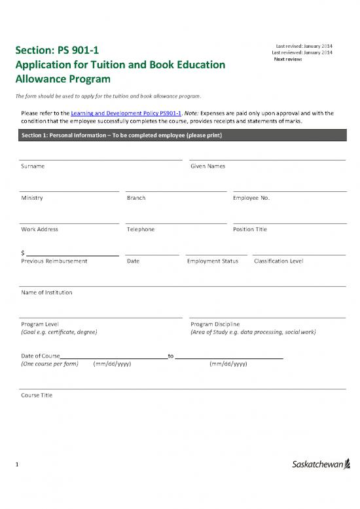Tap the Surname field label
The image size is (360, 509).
tap(33, 166)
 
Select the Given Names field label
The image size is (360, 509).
tap(207, 166)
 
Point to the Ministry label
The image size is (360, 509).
tap(32, 198)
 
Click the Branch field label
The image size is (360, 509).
tap(136, 198)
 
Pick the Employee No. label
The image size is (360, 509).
tap(251, 198)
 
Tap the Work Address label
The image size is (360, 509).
tap(39, 229)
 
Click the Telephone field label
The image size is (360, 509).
tap(140, 229)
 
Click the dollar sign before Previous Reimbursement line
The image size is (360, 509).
tap(23, 253)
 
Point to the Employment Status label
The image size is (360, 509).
tap(212, 261)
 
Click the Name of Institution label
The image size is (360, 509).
tap(46, 292)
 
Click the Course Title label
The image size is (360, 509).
tap(37, 396)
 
